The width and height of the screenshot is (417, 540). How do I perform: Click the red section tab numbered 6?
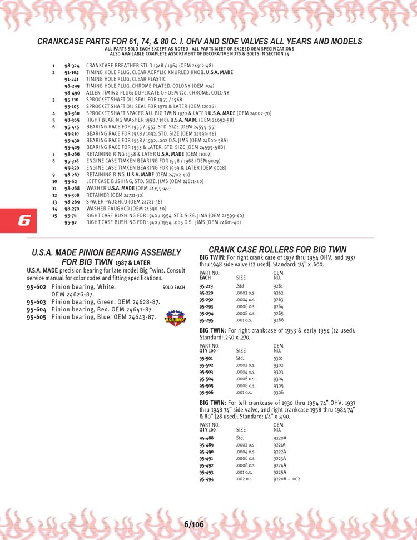(x=24, y=221)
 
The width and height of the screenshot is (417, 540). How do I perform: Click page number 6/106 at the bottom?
(x=193, y=524)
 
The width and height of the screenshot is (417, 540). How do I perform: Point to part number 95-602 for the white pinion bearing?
(x=36, y=287)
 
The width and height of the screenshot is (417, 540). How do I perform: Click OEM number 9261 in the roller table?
(x=279, y=286)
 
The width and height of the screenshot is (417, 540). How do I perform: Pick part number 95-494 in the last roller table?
(x=206, y=478)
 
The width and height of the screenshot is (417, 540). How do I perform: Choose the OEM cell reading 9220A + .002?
(x=287, y=478)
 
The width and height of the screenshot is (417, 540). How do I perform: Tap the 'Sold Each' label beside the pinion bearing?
(x=173, y=288)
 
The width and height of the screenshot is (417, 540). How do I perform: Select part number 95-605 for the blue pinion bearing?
(x=36, y=317)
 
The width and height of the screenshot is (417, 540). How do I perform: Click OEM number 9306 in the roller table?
(x=279, y=392)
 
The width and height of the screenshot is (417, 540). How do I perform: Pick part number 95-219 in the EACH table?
(x=206, y=286)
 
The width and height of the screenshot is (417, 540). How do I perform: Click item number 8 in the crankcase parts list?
(x=53, y=161)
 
